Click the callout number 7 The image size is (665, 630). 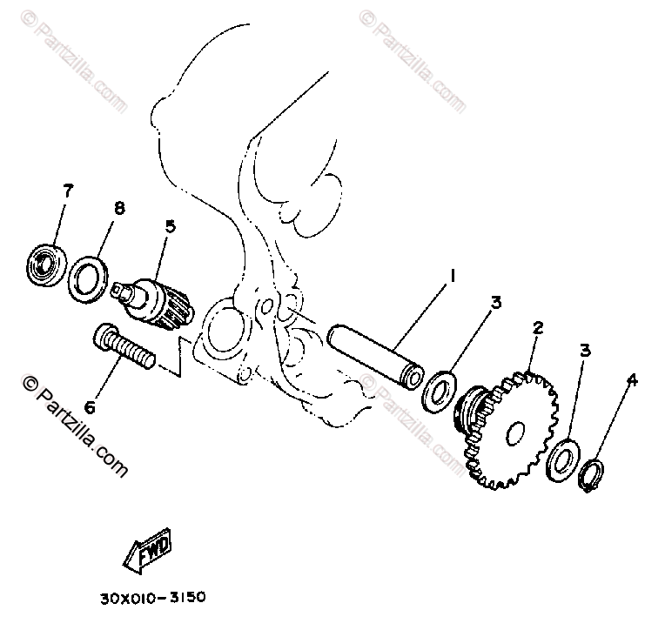point(67,191)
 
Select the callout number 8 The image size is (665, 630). point(119,208)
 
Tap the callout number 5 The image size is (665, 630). point(170,226)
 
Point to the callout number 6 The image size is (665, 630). point(90,407)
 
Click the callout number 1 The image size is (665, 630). point(453,276)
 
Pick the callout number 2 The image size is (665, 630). point(538,327)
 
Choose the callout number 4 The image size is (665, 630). point(632,380)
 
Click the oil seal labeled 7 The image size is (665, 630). point(46,265)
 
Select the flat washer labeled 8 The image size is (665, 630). point(88,279)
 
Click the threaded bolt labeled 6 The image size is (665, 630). point(124,345)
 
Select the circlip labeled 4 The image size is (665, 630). point(592,476)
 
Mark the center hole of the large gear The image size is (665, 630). point(515,433)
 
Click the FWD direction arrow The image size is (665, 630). point(148,550)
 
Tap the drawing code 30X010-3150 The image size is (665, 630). point(152,597)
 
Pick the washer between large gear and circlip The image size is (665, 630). point(563,460)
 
